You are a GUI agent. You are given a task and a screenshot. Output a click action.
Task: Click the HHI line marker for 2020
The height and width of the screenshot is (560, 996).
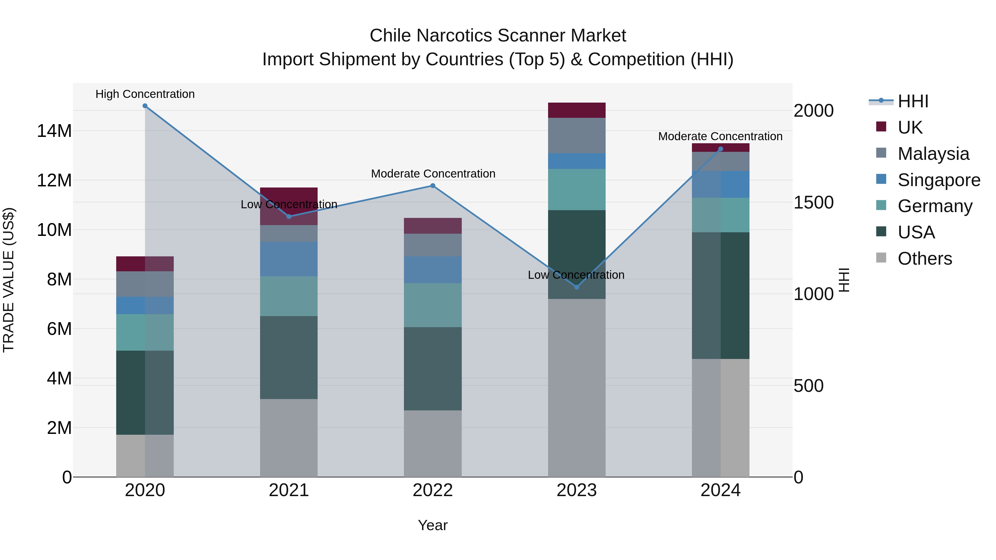point(145,106)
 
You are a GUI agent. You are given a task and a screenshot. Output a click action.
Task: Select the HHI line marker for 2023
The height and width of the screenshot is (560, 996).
point(577,287)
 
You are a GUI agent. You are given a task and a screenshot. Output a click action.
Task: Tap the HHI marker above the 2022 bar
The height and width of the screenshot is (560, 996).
point(433,186)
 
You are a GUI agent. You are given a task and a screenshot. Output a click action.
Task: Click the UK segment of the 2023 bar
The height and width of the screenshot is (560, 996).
point(577,110)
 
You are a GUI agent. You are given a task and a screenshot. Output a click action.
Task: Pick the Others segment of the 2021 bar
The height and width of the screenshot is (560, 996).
point(289,438)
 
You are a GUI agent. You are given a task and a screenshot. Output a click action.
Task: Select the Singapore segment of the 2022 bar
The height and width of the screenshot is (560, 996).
point(433,270)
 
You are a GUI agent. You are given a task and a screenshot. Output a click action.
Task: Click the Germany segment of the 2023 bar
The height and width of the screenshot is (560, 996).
point(577,189)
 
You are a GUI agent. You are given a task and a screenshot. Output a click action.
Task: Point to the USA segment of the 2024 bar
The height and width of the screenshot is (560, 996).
point(720,295)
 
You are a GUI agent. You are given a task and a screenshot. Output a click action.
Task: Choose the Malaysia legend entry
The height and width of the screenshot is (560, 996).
point(933,154)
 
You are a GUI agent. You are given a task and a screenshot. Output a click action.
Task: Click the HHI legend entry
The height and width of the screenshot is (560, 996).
point(912,101)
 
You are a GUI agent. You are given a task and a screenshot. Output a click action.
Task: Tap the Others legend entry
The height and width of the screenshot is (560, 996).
point(924,259)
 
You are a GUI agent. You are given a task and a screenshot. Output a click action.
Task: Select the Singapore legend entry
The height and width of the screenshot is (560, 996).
point(938,180)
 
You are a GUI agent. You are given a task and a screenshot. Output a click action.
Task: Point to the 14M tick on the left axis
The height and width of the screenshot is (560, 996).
point(54,131)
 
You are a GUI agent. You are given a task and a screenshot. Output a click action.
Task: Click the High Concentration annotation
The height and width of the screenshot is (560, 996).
point(145,94)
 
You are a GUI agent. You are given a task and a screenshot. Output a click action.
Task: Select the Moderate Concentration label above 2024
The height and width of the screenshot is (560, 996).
point(720,136)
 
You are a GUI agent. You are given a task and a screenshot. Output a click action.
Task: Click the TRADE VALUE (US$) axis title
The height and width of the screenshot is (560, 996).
point(9,280)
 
